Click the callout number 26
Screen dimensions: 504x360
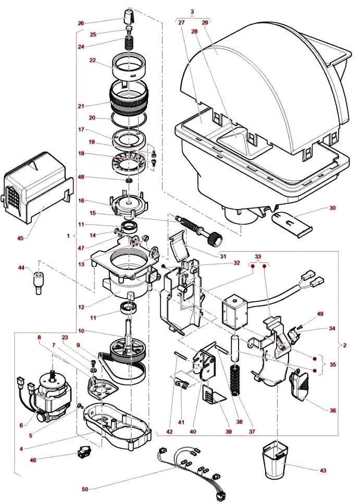click(80, 23)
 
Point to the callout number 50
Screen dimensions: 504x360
click(85, 489)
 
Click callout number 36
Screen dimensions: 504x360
click(332, 410)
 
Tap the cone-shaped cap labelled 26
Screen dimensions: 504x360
click(128, 17)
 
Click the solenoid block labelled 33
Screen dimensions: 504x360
click(232, 311)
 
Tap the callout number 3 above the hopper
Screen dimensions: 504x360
click(192, 11)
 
